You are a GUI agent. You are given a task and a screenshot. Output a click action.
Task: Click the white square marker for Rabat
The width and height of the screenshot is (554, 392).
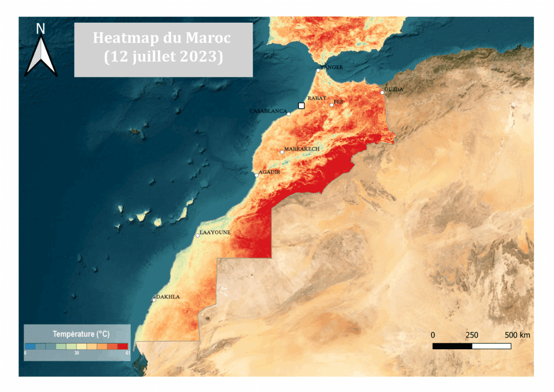(301, 106)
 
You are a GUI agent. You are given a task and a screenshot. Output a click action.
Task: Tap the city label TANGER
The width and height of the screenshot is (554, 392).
(332, 67)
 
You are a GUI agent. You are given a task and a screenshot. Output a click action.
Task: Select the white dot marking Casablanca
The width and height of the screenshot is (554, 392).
(289, 114)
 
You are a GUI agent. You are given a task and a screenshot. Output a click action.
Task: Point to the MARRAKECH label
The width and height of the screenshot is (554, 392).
(302, 148)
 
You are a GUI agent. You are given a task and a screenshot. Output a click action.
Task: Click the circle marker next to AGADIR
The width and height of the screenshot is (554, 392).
(256, 175)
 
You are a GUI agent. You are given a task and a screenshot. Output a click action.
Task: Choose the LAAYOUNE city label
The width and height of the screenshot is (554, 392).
(215, 232)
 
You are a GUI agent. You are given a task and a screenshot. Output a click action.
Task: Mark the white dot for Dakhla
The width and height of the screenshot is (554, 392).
(154, 300)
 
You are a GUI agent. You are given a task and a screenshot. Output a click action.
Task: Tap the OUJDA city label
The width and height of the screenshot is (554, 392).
(393, 89)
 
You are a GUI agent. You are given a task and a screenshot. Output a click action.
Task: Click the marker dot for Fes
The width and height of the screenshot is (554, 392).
(332, 104)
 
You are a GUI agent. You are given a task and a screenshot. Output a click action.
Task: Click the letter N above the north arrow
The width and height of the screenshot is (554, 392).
(41, 29)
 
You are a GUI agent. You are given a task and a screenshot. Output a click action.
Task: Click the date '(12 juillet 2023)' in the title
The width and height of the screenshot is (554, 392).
(163, 56)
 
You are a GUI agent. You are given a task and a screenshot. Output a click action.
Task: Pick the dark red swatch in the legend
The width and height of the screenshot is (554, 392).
(123, 346)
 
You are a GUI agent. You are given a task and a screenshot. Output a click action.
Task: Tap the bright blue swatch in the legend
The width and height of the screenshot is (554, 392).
(30, 346)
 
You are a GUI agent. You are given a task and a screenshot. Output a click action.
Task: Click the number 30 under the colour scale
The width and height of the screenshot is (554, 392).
(76, 353)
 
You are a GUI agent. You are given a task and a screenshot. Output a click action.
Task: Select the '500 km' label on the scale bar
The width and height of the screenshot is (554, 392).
(517, 335)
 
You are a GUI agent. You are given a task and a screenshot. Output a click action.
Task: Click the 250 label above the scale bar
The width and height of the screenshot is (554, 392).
(472, 335)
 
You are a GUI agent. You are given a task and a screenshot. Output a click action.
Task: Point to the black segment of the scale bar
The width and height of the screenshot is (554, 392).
(452, 345)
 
